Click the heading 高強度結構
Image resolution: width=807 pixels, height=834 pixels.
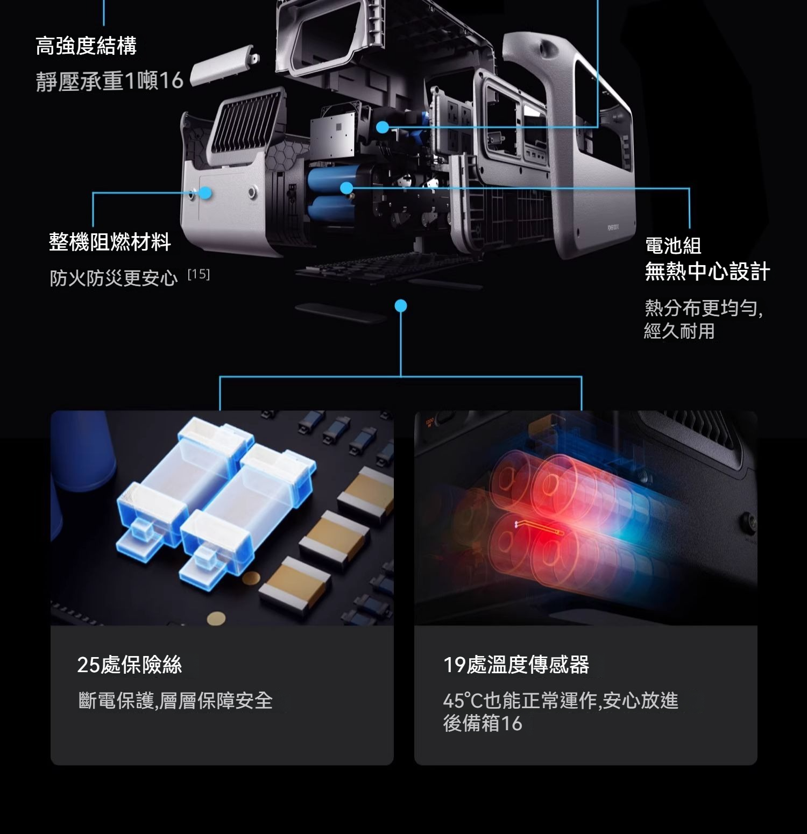86,46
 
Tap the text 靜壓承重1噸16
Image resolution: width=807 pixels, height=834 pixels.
110,81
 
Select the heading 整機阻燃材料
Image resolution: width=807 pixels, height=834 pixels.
110,242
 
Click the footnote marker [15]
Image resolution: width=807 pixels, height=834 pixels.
199,274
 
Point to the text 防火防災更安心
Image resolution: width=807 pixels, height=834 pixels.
114,278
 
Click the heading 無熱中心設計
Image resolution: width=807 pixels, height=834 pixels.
707,271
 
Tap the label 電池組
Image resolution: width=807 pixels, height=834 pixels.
673,246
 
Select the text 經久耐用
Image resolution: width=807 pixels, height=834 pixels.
679,331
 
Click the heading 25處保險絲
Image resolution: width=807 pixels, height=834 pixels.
130,665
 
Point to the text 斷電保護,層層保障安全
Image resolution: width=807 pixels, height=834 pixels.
175,701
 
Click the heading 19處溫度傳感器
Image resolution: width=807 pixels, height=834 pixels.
516,665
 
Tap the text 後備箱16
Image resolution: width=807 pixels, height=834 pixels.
483,723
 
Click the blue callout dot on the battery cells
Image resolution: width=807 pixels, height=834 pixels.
347,188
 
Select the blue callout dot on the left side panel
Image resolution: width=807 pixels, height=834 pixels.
206,193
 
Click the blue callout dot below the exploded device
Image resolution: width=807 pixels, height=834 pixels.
401,306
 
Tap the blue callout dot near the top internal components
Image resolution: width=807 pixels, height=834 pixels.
383,127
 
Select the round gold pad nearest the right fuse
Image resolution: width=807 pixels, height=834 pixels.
251,579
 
